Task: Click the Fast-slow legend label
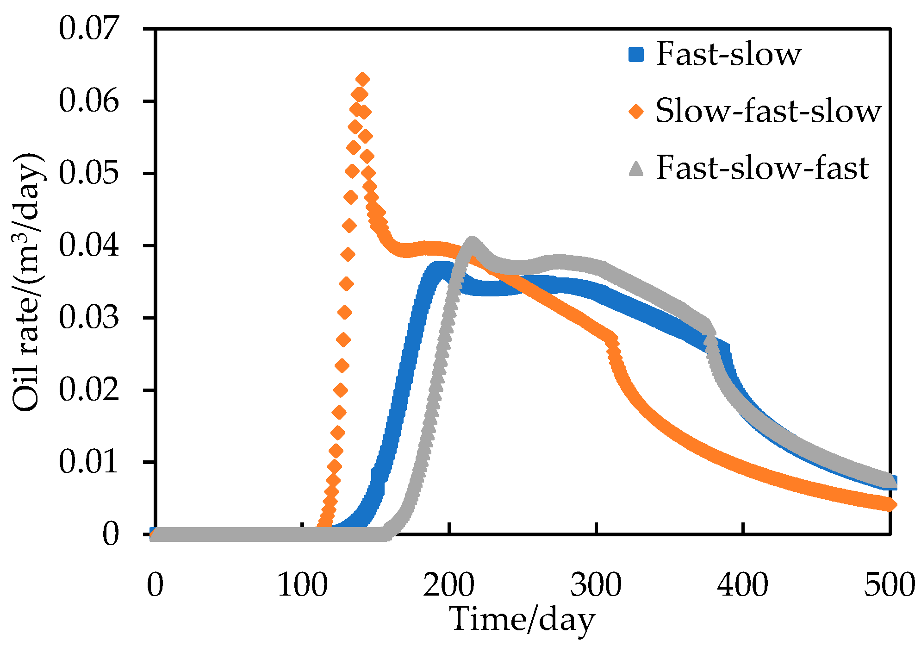click(728, 55)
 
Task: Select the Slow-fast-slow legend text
click(768, 112)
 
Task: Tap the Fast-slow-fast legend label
click(762, 168)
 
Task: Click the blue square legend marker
click(636, 55)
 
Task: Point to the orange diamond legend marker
click(636, 112)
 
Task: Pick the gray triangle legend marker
click(636, 168)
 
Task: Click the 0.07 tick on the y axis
click(88, 29)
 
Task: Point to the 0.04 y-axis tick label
click(88, 245)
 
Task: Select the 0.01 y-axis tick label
click(88, 462)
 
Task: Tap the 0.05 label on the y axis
click(88, 173)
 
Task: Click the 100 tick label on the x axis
click(302, 585)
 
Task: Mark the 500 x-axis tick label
click(889, 585)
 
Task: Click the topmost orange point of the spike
click(363, 79)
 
